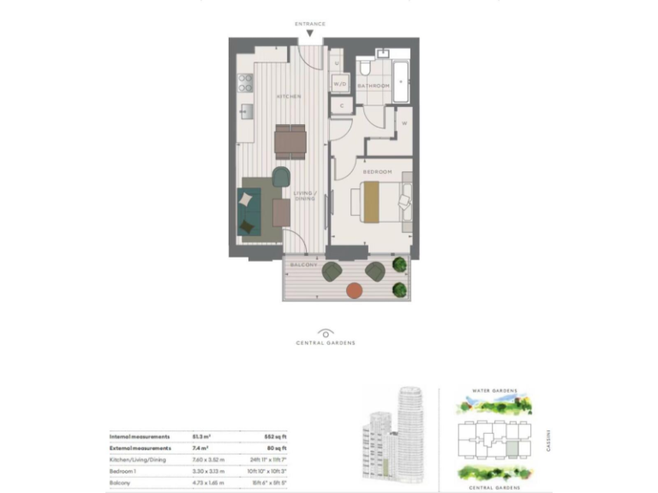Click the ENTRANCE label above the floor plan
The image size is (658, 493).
(310, 23)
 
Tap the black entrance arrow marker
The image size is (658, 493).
(310, 33)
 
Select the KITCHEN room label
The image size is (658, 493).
(289, 97)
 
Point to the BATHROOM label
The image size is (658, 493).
(374, 86)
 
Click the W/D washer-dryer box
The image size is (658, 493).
(340, 84)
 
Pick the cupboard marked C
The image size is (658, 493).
(341, 105)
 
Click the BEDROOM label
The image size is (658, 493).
(377, 172)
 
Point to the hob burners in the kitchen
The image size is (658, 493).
(245, 83)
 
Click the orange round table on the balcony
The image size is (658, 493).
(354, 290)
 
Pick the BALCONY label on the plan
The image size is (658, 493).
(303, 265)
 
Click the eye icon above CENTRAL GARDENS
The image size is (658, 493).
(326, 332)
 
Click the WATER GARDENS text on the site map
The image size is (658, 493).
(495, 390)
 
